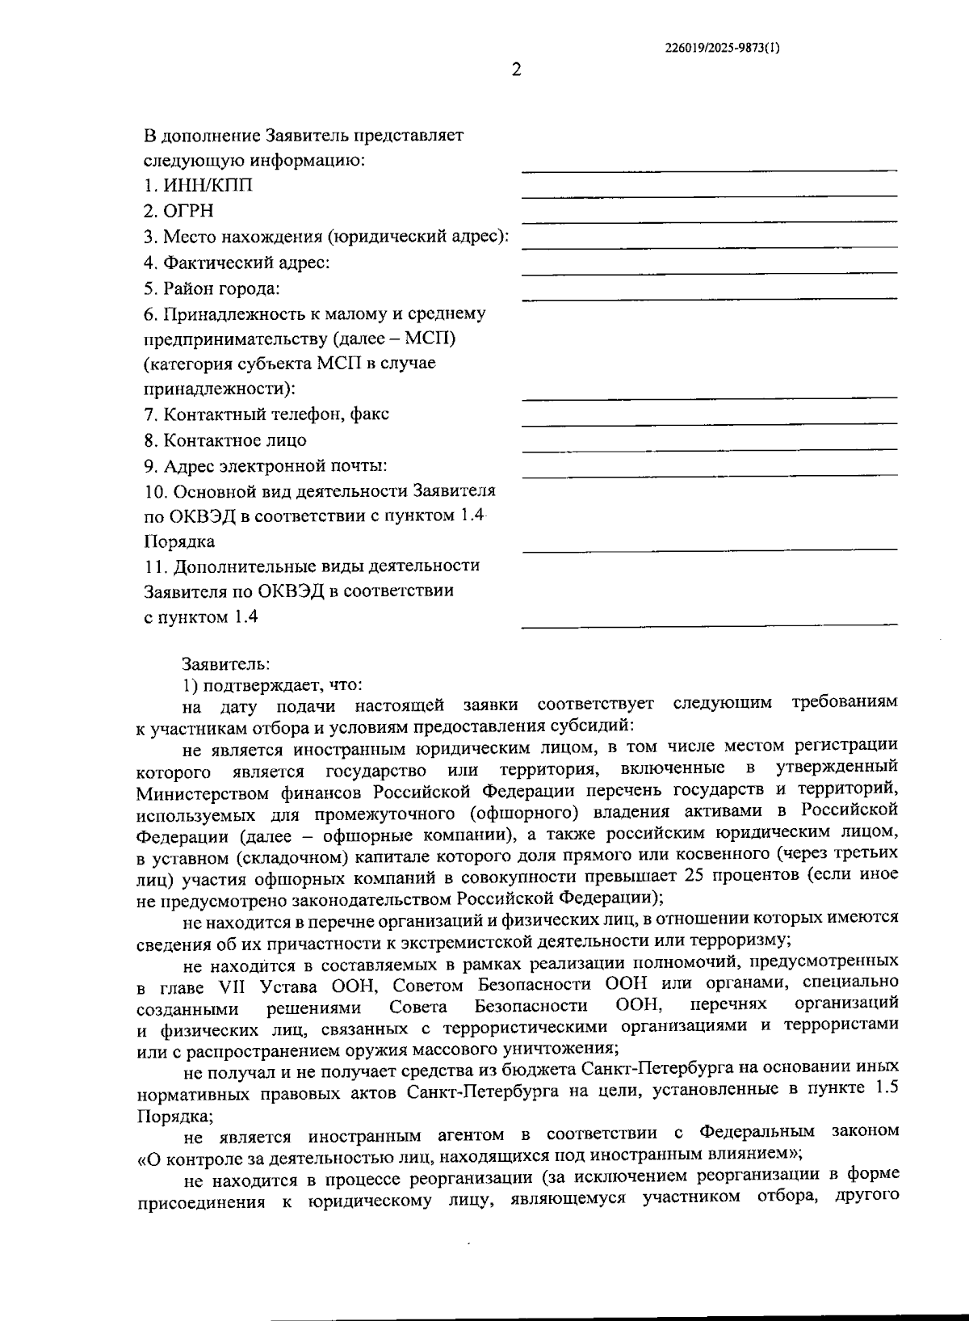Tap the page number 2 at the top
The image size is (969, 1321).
pos(517,69)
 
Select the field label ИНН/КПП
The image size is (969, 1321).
pos(208,186)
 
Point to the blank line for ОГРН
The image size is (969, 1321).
pos(709,220)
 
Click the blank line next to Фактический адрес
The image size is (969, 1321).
pos(709,271)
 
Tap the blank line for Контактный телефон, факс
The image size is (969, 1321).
pos(709,423)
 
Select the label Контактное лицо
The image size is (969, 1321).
pos(234,440)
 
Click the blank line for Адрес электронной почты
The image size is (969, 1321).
pos(709,474)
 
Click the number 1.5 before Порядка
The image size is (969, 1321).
pos(886,1088)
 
